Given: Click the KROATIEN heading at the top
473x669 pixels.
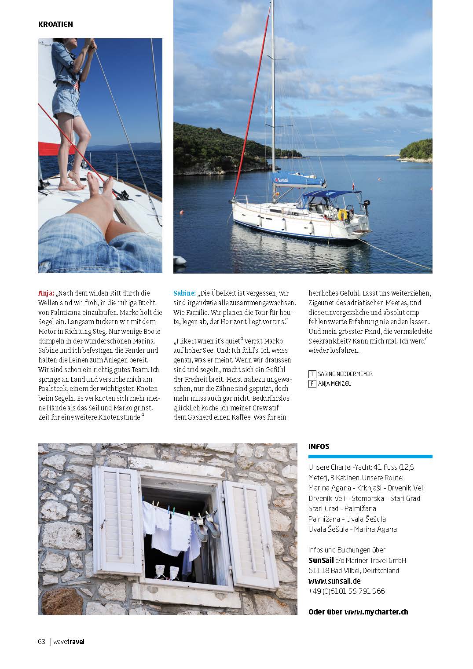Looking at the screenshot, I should pos(55,24).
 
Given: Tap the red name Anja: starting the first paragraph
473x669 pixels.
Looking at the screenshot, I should pos(46,293).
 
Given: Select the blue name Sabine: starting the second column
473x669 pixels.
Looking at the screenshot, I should pos(184,293).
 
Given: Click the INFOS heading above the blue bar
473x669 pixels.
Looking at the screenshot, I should pos(319,446).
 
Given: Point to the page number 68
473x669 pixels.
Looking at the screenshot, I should pos(42,641).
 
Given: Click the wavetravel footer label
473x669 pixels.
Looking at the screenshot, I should pos(69,641).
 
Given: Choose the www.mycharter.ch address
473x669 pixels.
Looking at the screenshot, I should pos(376,612).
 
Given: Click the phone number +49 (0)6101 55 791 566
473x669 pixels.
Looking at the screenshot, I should pos(346,591).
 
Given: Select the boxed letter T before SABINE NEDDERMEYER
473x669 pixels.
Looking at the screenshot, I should pos(312,374).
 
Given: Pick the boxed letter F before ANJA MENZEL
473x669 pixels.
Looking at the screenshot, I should pos(312,384).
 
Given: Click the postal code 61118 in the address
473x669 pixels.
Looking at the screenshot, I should pos(317,570).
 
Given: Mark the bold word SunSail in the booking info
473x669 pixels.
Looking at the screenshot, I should pos(321,560).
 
